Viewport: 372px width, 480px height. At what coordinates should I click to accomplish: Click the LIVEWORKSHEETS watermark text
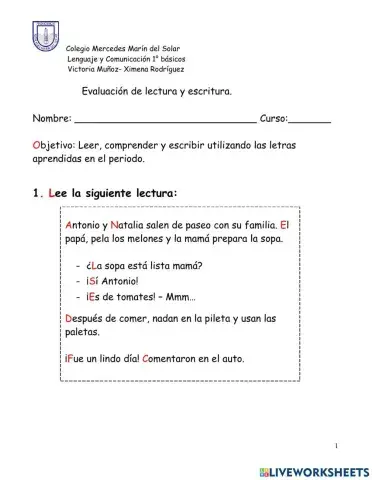[318, 468]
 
